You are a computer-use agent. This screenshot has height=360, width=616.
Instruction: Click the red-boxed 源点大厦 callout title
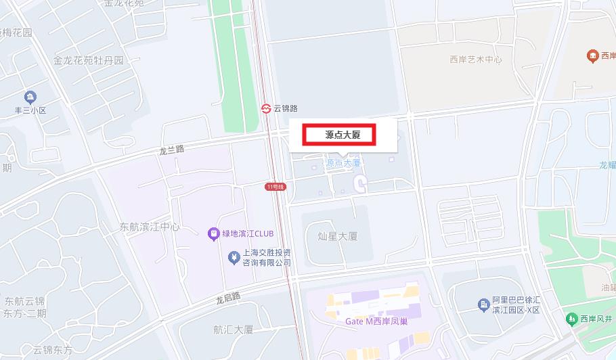[x=342, y=135]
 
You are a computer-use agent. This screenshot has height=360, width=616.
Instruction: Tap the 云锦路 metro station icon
[x=267, y=108]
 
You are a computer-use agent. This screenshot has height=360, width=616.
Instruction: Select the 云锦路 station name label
[x=286, y=108]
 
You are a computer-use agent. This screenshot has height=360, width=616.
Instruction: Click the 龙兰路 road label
[x=171, y=150]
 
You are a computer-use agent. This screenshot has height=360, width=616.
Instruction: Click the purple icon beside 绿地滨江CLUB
[x=213, y=234]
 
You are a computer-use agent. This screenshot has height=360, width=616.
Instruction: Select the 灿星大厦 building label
[x=337, y=237]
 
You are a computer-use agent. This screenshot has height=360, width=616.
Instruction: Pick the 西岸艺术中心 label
[x=476, y=60]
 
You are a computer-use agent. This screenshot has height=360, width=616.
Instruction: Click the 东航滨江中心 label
[x=149, y=227]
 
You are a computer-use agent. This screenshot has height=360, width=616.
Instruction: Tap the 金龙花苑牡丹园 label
[x=89, y=60]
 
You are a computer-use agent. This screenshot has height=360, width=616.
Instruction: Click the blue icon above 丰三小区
[x=30, y=97]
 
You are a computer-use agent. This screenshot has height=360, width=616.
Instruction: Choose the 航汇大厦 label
[x=233, y=330]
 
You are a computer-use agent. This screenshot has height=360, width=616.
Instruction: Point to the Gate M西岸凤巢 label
[x=376, y=321]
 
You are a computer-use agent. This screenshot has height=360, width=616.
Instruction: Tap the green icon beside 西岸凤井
[x=571, y=318]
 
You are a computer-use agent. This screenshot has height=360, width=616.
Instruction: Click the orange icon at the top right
[x=592, y=55]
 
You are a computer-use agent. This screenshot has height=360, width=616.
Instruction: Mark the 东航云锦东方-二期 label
[x=24, y=307]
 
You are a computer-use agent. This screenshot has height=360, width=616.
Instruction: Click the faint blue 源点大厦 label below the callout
[x=343, y=163]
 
